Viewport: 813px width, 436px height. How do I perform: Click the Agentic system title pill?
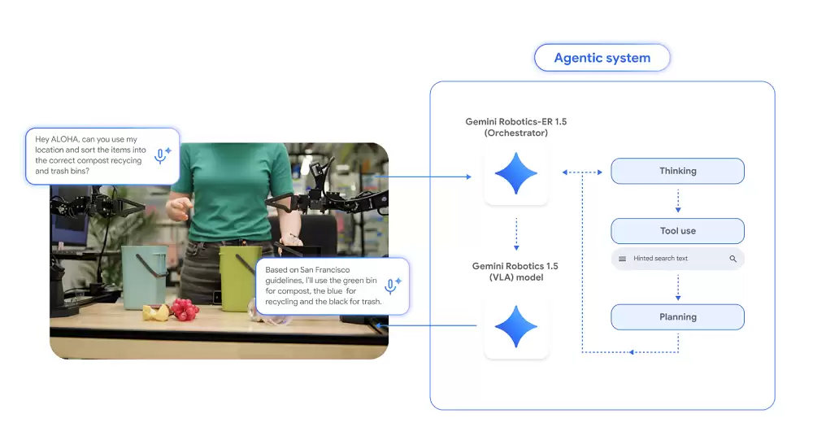(x=602, y=58)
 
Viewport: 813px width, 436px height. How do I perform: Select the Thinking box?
(x=677, y=171)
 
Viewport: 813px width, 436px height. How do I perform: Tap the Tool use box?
(x=677, y=231)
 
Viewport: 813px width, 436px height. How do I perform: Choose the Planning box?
(x=677, y=317)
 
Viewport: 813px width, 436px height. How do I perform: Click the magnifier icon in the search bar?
(x=733, y=259)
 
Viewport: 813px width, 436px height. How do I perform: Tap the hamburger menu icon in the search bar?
(x=623, y=259)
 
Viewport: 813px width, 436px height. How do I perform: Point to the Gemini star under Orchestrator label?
(x=516, y=174)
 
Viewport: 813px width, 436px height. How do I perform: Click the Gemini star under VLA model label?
(x=516, y=326)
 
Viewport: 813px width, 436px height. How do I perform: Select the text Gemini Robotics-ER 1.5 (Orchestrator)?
(x=516, y=127)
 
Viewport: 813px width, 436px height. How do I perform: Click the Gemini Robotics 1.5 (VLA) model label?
(x=515, y=272)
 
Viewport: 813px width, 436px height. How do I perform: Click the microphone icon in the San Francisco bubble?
(x=391, y=286)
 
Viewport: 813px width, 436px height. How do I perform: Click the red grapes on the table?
(x=185, y=309)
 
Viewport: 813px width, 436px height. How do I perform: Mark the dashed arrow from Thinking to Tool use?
(x=678, y=201)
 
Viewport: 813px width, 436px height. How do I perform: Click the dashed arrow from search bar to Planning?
(x=678, y=287)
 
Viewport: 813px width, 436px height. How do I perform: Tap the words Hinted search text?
(x=660, y=259)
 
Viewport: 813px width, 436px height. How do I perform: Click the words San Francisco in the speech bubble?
(x=312, y=269)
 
